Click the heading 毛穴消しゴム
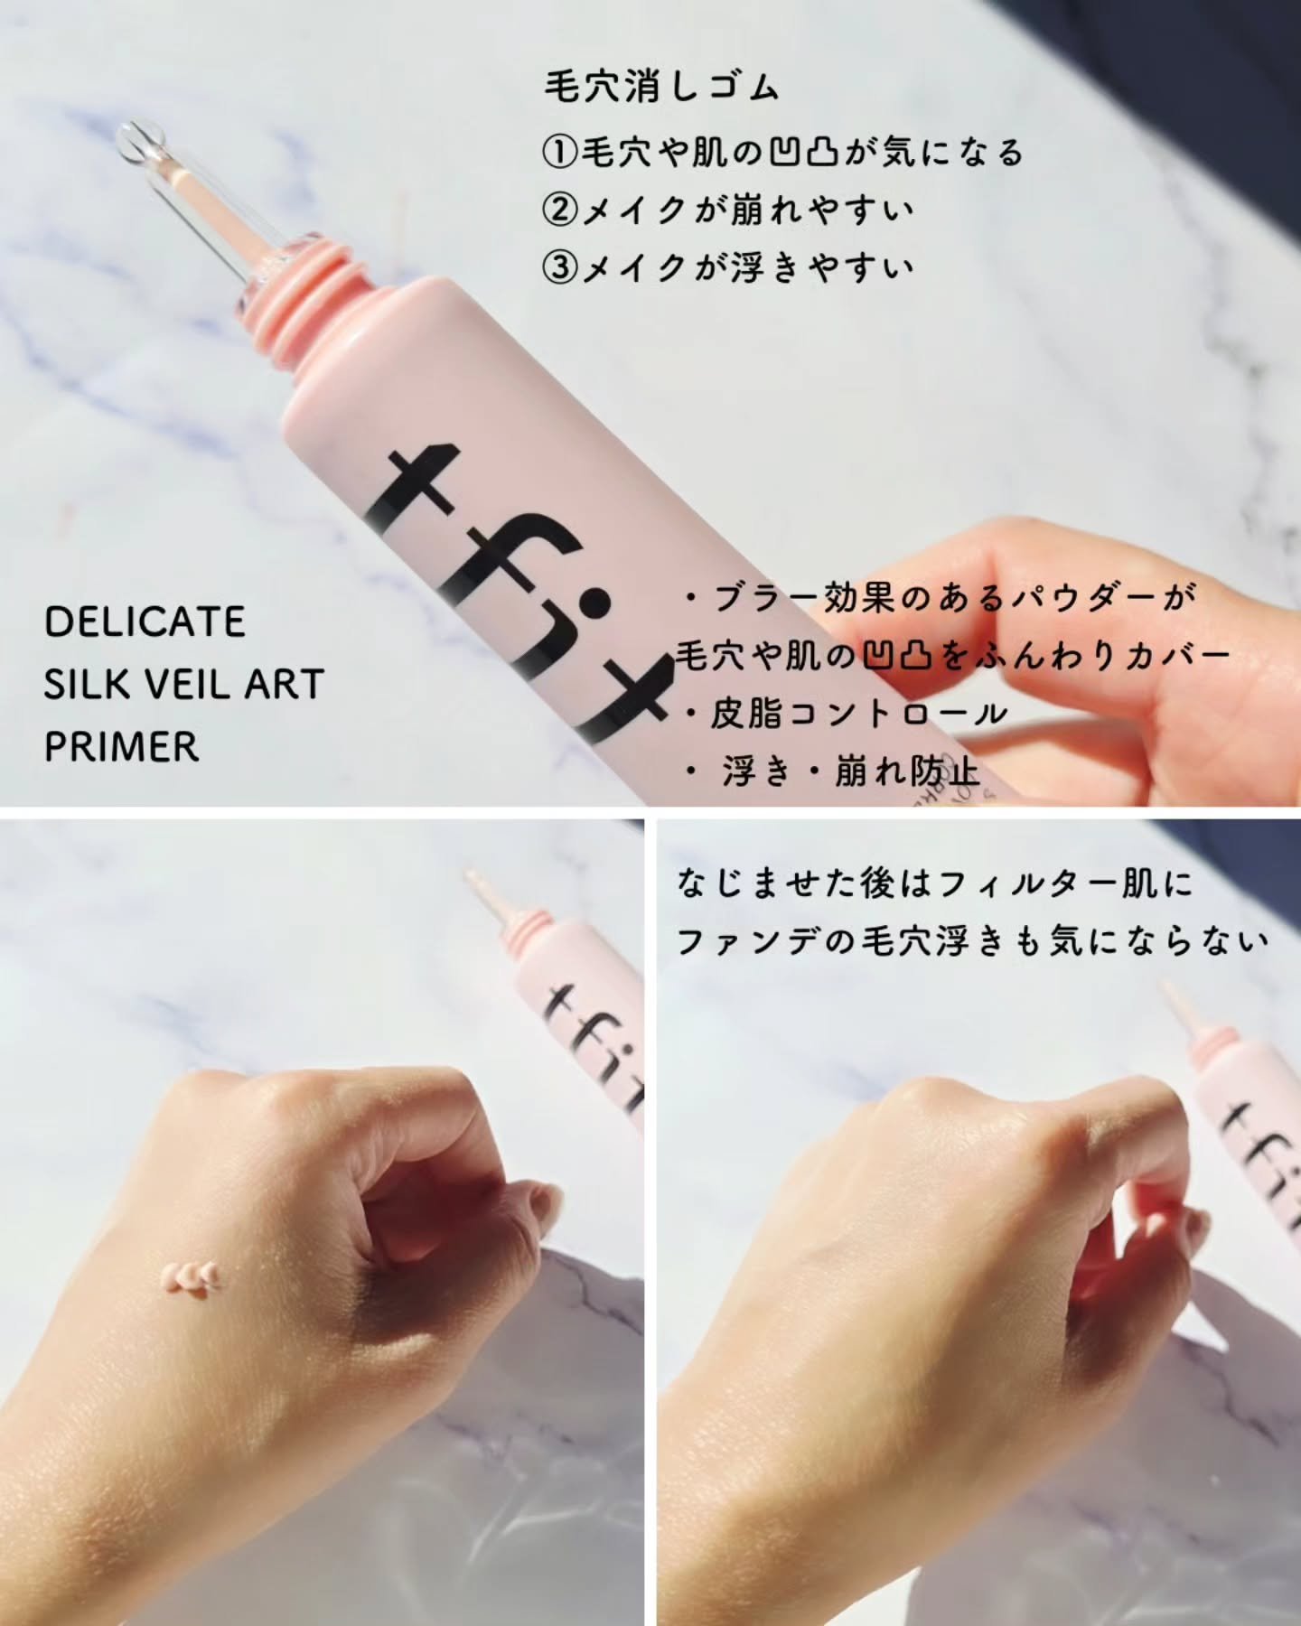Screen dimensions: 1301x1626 click(660, 88)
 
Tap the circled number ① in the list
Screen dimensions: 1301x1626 click(560, 152)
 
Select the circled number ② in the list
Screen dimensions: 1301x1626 click(560, 210)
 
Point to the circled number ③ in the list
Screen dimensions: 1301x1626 click(560, 267)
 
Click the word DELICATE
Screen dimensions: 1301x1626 click(145, 621)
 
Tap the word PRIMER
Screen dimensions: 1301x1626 click(121, 746)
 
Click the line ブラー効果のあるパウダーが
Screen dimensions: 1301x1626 click(940, 598)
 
